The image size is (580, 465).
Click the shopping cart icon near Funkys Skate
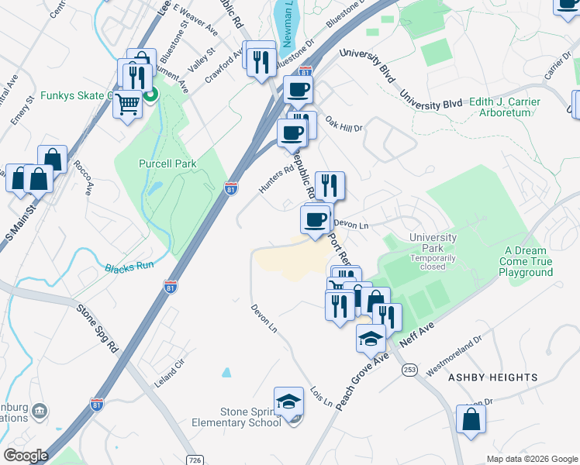point(127,103)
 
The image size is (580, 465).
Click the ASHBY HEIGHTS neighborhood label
point(493,377)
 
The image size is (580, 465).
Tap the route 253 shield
point(410,371)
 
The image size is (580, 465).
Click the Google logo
point(26,456)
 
